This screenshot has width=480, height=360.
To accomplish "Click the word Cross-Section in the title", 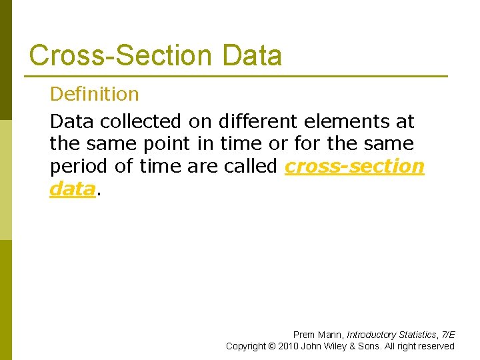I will (x=123, y=55).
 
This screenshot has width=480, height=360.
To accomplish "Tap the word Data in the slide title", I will (x=253, y=55).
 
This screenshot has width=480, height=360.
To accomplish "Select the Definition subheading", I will (x=95, y=94).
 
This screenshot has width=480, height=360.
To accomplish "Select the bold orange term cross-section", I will (x=354, y=166).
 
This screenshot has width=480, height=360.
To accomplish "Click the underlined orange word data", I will (x=72, y=189).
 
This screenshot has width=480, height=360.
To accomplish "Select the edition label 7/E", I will (x=447, y=335).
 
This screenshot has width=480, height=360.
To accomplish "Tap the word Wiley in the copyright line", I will (x=337, y=346).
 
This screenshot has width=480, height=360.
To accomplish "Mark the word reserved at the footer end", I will (x=436, y=346).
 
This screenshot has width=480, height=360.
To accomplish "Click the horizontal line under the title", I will (x=238, y=75).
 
